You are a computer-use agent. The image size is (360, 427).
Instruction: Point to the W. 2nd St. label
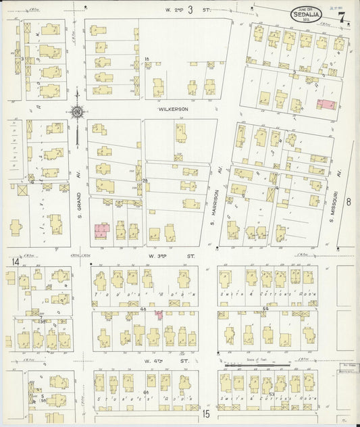pyautogui.click(x=190, y=9)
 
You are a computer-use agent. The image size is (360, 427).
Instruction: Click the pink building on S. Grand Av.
pyautogui.click(x=103, y=232)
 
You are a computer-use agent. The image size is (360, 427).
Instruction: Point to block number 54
pyautogui.click(x=265, y=308)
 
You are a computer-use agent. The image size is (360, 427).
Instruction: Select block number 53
pyautogui.click(x=272, y=393)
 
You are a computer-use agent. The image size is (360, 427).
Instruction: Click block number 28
pyautogui.click(x=145, y=180)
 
